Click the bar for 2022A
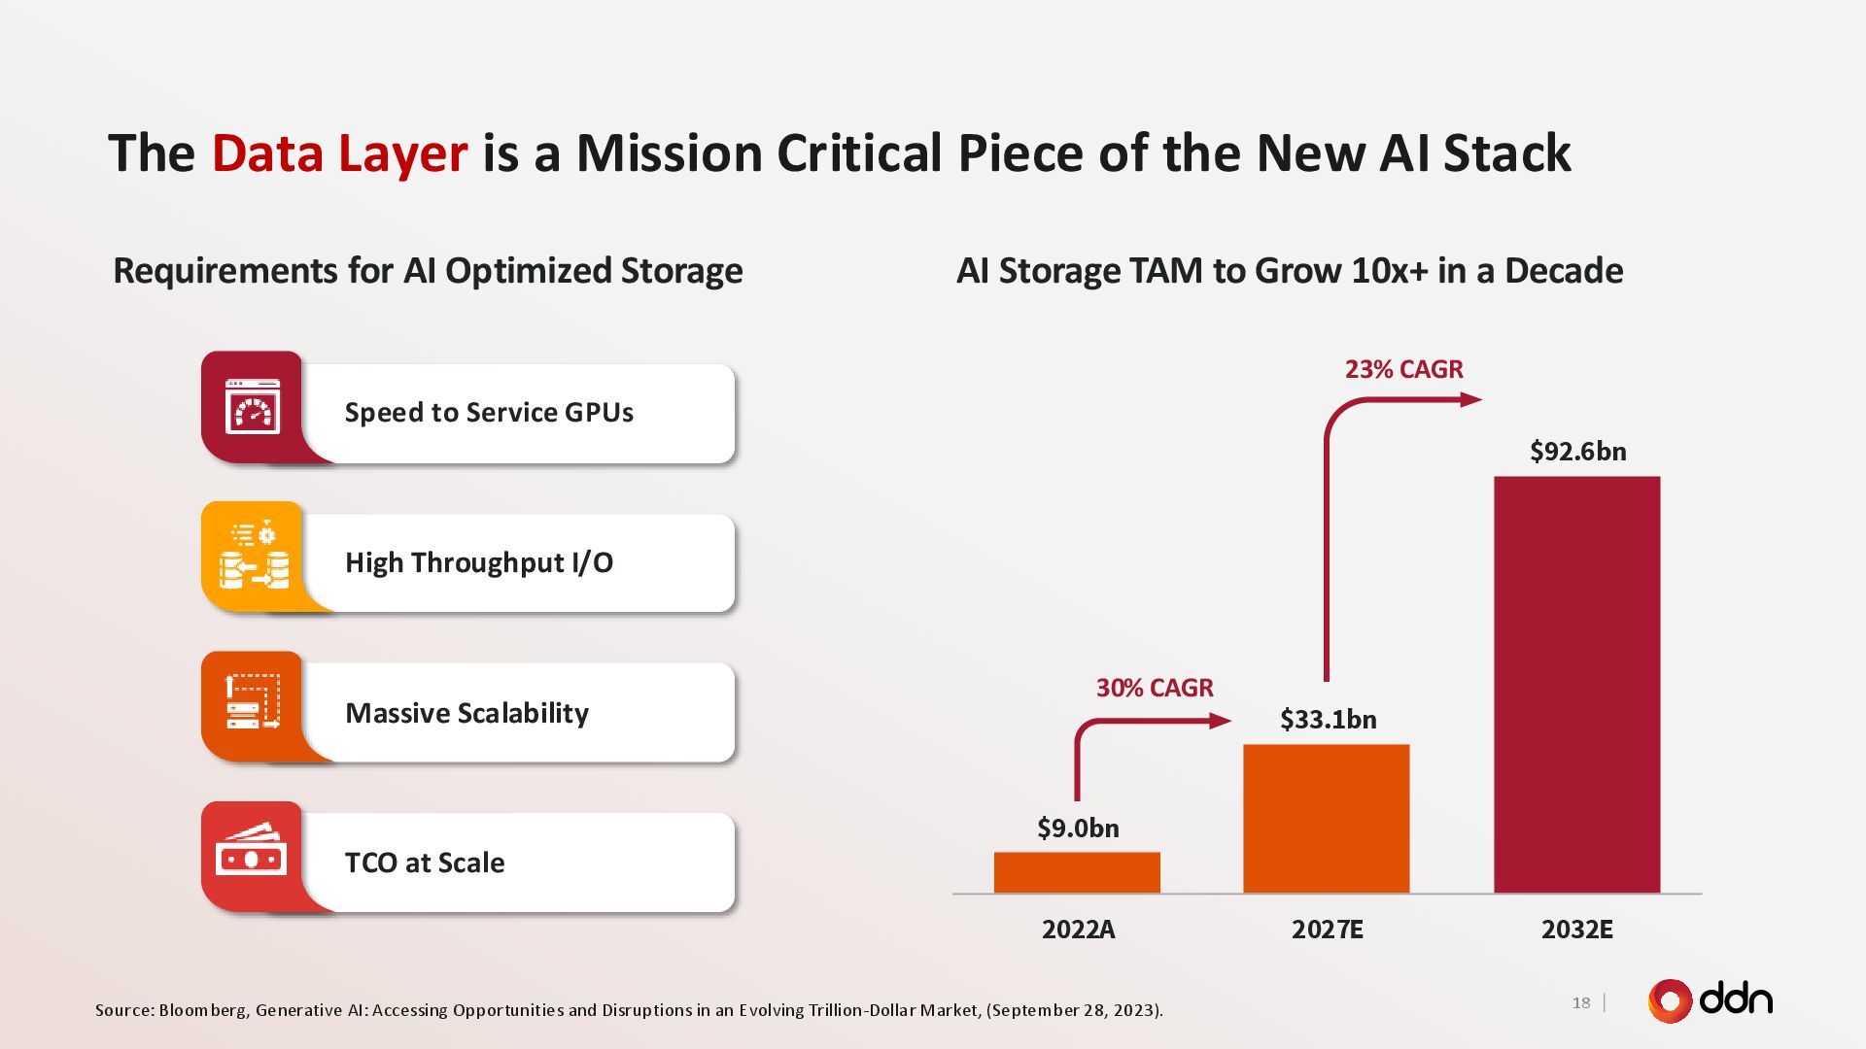(1077, 872)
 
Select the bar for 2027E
(1326, 819)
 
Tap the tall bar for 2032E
(1576, 685)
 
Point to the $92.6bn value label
(1577, 452)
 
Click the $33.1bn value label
(1328, 720)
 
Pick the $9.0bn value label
(1078, 829)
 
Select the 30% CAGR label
(1155, 688)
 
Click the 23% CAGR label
(1403, 369)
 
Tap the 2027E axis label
(1327, 930)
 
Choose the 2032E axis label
(1576, 930)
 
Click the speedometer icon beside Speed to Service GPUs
(253, 407)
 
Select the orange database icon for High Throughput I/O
(253, 558)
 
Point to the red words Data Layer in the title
(339, 153)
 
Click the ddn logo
(1710, 1000)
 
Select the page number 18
(1581, 1002)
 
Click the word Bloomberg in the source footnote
(202, 1010)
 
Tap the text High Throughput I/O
(479, 562)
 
